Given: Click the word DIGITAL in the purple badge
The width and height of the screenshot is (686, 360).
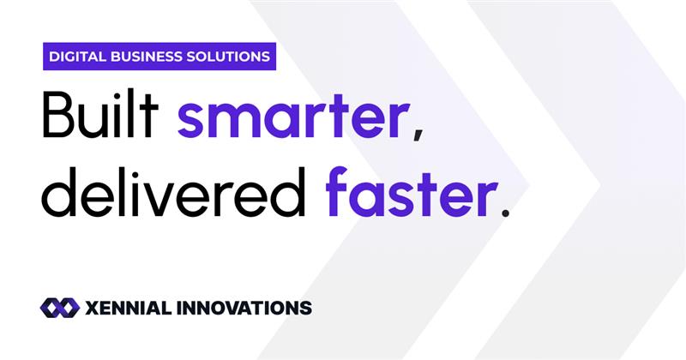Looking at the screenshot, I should (75, 57).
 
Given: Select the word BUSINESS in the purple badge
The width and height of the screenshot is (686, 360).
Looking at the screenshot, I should (146, 57).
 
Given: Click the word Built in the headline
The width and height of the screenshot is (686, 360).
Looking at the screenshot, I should (102, 119).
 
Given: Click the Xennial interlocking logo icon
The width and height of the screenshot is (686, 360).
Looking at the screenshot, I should (59, 307).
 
